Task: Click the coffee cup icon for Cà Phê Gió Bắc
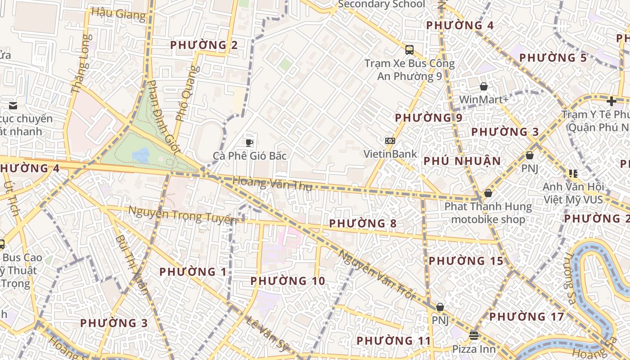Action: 249,143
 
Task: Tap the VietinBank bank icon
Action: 390,141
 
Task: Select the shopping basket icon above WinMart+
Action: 484,86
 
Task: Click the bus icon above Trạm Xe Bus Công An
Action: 409,50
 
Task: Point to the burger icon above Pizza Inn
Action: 473,335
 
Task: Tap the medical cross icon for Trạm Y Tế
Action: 612,101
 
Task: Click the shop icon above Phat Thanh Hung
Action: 488,193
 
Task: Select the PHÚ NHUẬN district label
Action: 462,161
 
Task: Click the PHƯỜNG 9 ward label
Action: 428,118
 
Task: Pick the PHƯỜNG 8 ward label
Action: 363,223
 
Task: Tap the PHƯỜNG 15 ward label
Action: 466,261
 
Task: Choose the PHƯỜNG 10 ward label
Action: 288,281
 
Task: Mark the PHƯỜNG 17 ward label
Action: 526,317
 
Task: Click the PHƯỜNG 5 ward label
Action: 553,58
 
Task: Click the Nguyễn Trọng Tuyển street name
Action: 182,215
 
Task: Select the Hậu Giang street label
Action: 118,13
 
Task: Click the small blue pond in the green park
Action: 141,156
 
